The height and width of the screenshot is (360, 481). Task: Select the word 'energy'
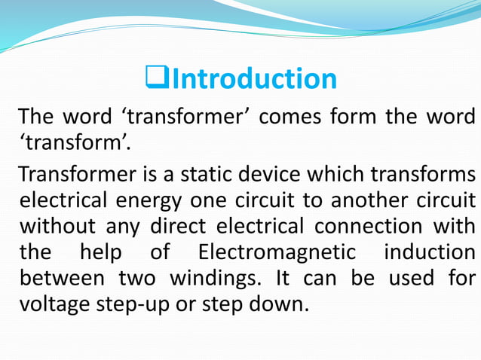pyautogui.click(x=148, y=201)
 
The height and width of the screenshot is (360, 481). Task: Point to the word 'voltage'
pyautogui.click(x=55, y=304)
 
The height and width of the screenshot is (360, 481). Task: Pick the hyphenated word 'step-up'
pyautogui.click(x=144, y=305)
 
